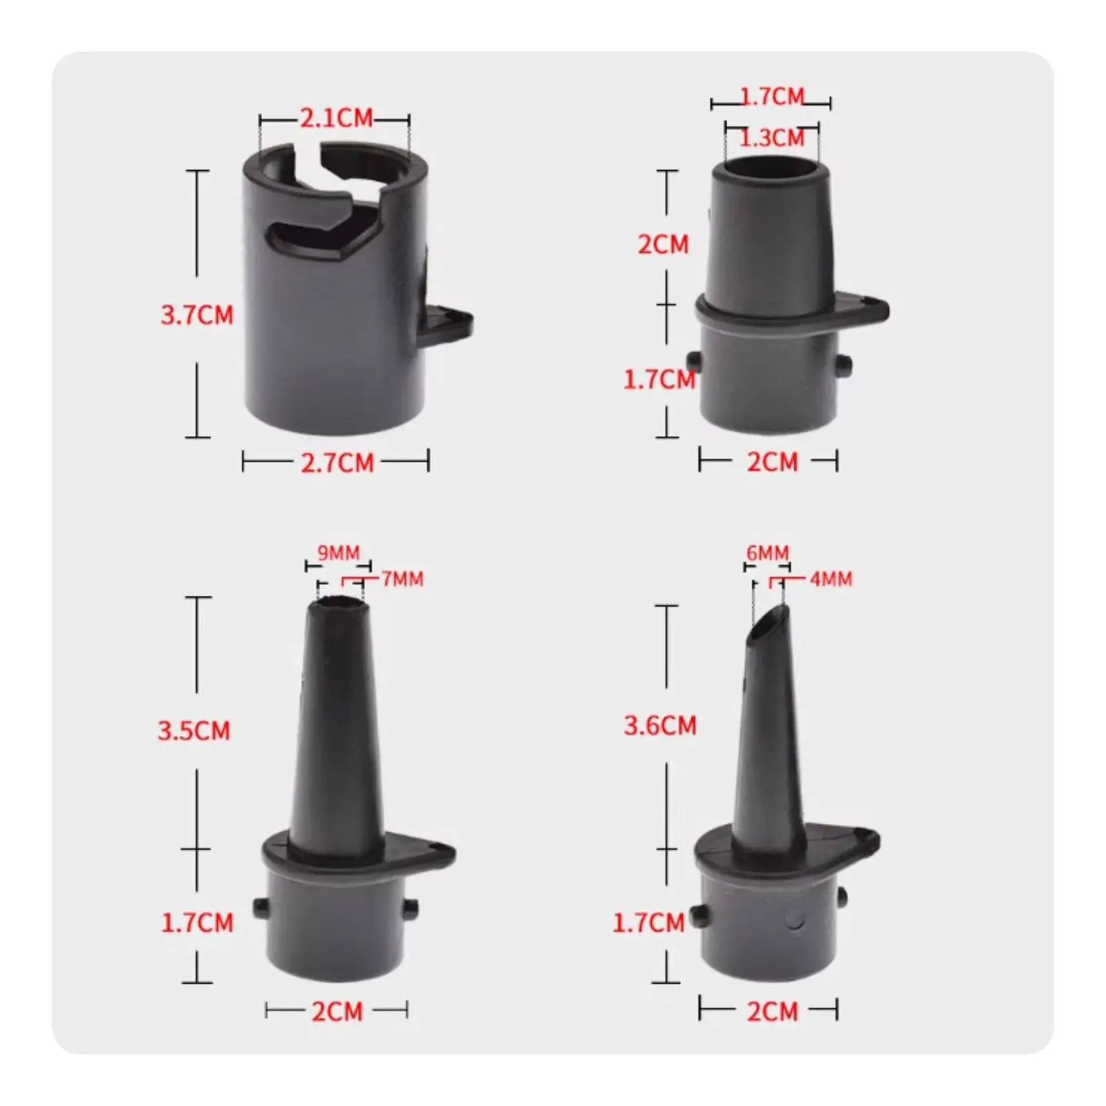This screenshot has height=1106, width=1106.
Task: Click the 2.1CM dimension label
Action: click(x=337, y=118)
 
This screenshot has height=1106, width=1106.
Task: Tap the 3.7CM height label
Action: click(x=197, y=315)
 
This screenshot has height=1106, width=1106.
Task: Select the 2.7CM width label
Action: click(x=337, y=462)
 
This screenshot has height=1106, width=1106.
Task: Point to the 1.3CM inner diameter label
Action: click(x=772, y=138)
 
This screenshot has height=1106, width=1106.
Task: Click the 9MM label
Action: click(x=339, y=553)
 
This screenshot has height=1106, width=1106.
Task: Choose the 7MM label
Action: click(x=402, y=579)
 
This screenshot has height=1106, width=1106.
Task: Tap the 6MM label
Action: click(x=767, y=553)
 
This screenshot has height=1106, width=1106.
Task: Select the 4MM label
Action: click(x=831, y=579)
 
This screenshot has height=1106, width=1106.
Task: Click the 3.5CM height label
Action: click(x=194, y=731)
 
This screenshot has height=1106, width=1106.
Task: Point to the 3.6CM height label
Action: click(x=660, y=726)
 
